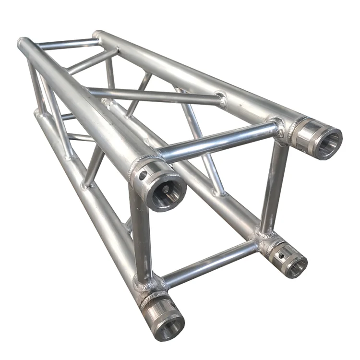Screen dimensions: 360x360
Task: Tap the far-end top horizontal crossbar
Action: point(67,45)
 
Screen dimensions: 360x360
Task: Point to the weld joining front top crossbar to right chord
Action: point(277,128)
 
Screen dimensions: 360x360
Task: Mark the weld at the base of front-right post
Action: point(264,235)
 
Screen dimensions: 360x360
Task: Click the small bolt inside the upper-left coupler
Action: point(165,189)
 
